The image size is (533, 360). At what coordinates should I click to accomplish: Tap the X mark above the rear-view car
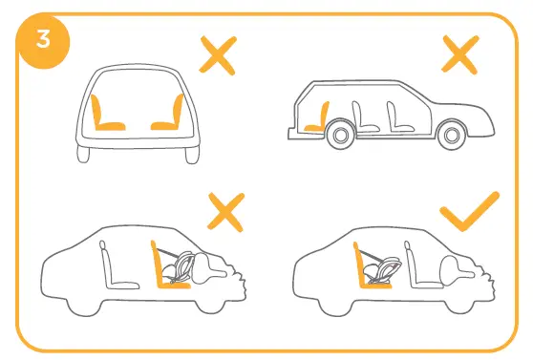(218, 56)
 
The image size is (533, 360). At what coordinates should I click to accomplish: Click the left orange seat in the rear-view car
(105, 116)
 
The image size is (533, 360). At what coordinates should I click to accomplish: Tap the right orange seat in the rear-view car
(165, 116)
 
